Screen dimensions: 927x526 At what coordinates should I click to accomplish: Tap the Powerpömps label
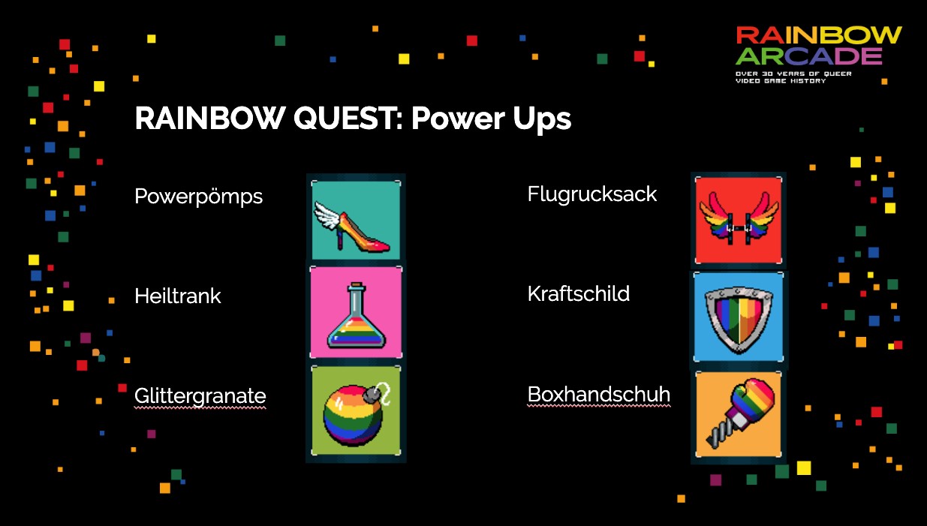(x=199, y=197)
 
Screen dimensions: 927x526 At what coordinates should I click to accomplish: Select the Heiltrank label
(x=178, y=296)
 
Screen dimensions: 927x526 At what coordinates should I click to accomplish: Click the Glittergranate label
(x=200, y=396)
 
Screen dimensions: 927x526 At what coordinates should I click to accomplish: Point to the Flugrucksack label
(x=592, y=194)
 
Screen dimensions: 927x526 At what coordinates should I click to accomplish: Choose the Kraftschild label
(x=579, y=294)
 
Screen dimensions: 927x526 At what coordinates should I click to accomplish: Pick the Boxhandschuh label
(x=599, y=394)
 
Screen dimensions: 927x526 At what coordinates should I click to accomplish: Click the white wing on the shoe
(x=328, y=215)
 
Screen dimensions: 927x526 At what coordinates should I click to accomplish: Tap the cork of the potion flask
(x=357, y=286)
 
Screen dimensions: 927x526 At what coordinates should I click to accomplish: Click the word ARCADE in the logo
(x=808, y=56)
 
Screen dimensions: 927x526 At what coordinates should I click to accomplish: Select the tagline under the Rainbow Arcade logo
(x=793, y=77)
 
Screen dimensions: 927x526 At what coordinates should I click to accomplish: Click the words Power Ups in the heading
(x=491, y=119)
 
